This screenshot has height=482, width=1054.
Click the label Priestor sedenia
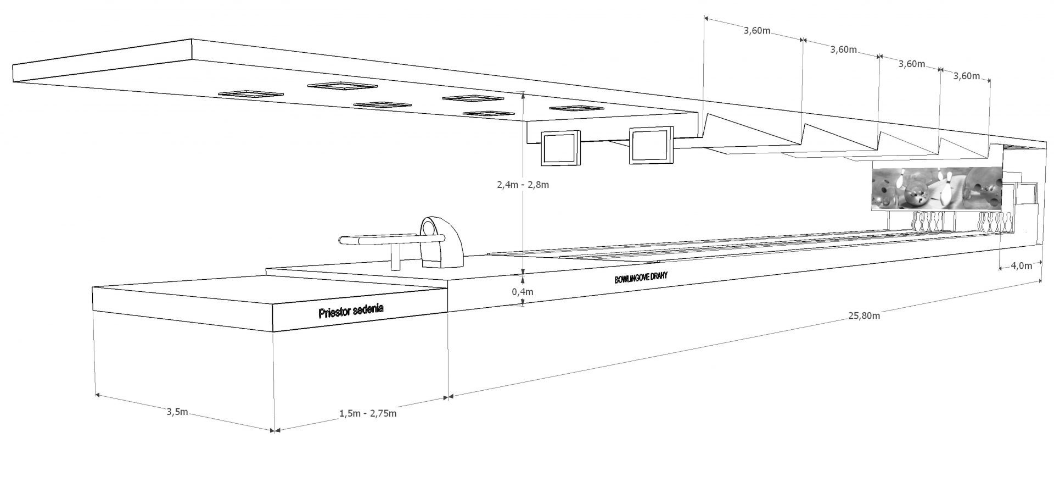point(351,311)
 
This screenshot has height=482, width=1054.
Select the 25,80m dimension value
point(864,315)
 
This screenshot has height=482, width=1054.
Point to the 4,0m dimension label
point(1021,266)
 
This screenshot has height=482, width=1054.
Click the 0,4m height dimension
point(523,292)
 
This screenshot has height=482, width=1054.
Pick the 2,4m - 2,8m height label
point(522,185)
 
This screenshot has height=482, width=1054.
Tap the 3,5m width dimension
point(178,412)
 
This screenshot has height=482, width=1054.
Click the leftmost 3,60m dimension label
point(755,31)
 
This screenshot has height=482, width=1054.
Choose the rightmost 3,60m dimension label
point(967,76)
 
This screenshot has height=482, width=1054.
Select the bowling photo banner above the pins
point(938,189)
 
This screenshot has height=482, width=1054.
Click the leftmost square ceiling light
point(248,94)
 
